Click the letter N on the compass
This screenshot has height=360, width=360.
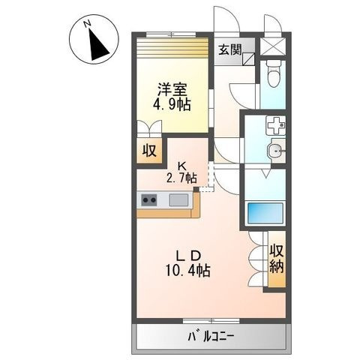click(87, 24)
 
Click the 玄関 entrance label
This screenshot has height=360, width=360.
click(230, 49)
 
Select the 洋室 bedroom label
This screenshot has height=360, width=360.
click(172, 89)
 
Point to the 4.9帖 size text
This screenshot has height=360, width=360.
click(172, 104)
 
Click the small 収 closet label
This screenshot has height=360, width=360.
click(149, 151)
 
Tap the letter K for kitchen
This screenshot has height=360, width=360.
click(181, 166)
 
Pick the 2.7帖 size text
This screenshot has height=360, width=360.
click(181, 178)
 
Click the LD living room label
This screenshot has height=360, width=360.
click(189, 256)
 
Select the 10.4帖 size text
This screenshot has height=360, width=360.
click(188, 270)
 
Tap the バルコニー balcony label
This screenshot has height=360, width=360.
click(211, 337)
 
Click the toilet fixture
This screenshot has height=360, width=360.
click(272, 73)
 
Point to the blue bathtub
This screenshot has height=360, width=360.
click(265, 214)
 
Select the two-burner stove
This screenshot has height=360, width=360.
click(149, 199)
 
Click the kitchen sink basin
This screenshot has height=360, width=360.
click(178, 199)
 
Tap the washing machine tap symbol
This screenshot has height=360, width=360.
click(276, 125)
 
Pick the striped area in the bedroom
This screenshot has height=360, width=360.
click(172, 48)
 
